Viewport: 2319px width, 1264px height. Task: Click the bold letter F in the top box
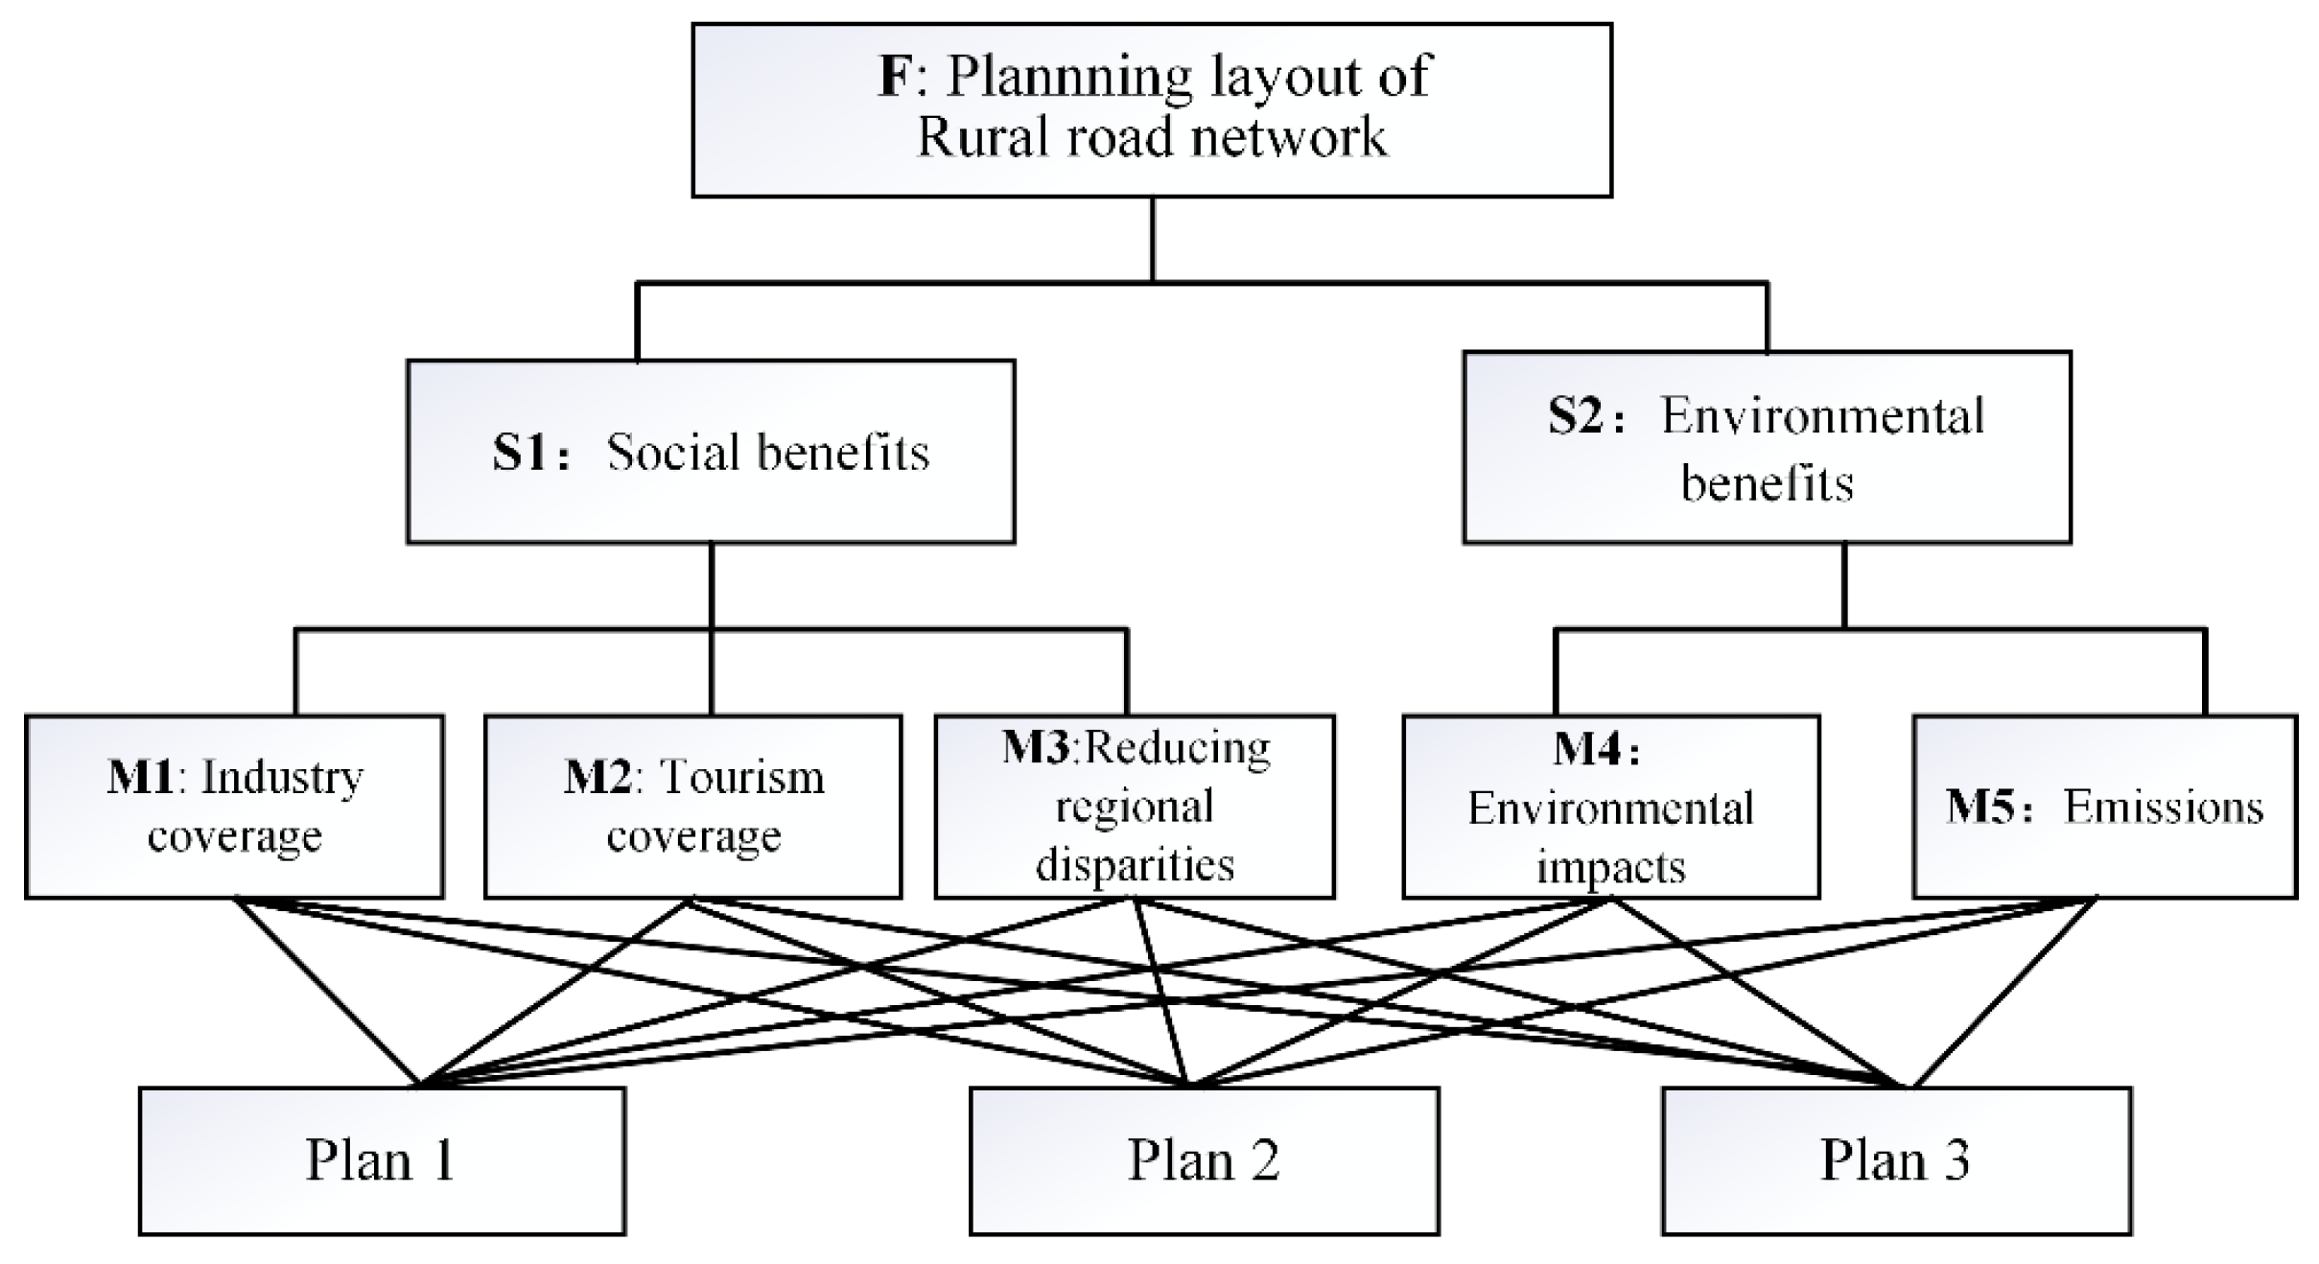[x=895, y=77]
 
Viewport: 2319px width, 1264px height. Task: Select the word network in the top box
[x=1288, y=136]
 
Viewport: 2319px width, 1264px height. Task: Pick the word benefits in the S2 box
[x=1767, y=481]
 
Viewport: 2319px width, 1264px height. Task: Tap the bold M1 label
[x=140, y=777]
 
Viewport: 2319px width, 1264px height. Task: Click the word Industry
[x=282, y=777]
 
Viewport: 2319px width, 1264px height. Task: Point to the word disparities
[x=1135, y=865]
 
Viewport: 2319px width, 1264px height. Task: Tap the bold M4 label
[x=1587, y=749]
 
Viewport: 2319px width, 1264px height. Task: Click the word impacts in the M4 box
[x=1610, y=867]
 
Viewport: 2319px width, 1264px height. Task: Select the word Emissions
[x=2163, y=808]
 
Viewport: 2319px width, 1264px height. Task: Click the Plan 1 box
[x=382, y=1160]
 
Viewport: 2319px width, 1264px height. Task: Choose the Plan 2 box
[x=1204, y=1160]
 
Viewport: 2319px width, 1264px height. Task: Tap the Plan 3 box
[x=1896, y=1160]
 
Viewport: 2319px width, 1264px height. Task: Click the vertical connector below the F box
[x=1152, y=240]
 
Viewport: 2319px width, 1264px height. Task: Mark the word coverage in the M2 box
[x=693, y=836]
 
